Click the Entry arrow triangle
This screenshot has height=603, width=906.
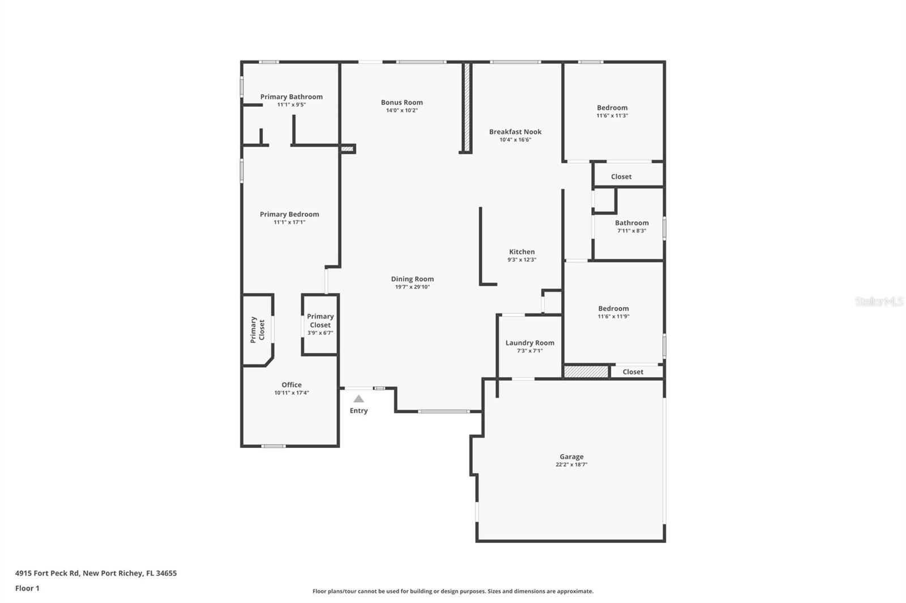[x=358, y=399]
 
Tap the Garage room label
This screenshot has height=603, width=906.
[x=571, y=456]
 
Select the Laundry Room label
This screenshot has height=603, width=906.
[x=529, y=343]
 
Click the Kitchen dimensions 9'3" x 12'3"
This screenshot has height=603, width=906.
[x=522, y=260]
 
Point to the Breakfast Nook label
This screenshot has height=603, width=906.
[x=515, y=132]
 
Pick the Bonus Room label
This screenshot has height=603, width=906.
[x=401, y=102]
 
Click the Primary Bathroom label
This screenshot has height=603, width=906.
[x=291, y=97]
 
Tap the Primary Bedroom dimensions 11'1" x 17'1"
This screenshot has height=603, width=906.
[x=289, y=222]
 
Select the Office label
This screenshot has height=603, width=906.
[x=292, y=385]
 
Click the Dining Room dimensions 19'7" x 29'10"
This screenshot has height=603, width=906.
[x=412, y=287]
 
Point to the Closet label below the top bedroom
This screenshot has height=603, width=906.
[x=621, y=176]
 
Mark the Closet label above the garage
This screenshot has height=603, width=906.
[x=633, y=372]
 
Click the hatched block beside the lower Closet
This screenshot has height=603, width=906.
[x=586, y=372]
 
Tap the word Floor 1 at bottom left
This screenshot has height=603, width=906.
[x=27, y=588]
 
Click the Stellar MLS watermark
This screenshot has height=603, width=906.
[x=879, y=301]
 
